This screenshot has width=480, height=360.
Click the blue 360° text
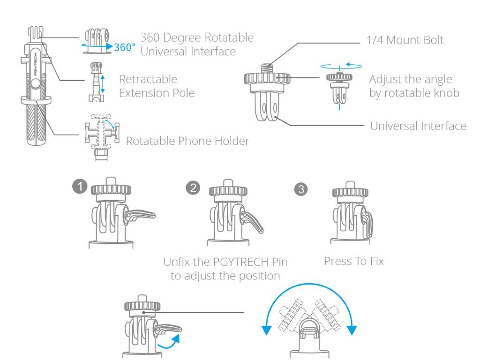[125, 47]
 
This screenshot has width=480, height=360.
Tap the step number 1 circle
[80, 187]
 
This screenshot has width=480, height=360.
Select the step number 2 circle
[193, 188]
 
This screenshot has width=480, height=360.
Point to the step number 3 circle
[301, 189]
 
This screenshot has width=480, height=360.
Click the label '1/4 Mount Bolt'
[405, 40]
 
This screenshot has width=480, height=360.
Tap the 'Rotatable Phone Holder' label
[188, 141]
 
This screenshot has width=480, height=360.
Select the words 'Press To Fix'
[354, 261]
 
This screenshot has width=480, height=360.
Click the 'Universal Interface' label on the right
[418, 126]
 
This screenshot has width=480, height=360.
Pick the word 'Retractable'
[148, 79]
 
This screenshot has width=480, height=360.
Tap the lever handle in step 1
[141, 215]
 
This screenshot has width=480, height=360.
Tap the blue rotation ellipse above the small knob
[341, 66]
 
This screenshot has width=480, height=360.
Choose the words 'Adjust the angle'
[410, 80]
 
